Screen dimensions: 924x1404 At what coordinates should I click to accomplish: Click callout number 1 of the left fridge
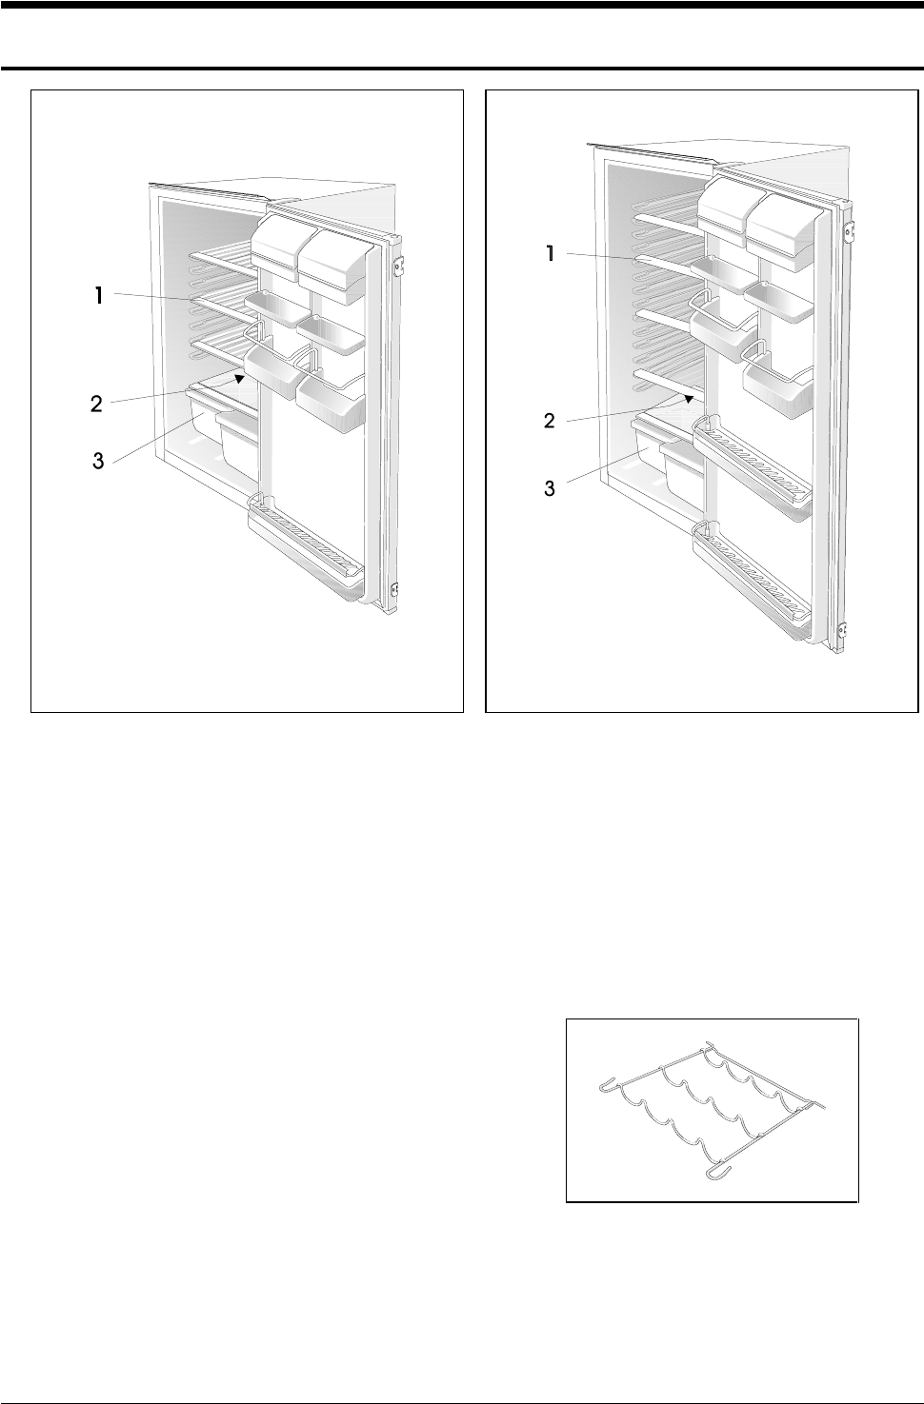99,296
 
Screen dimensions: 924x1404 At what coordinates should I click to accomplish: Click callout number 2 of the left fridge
96,404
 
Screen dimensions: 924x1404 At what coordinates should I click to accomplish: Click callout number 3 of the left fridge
98,463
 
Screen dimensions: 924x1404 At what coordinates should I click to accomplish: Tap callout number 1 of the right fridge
551,254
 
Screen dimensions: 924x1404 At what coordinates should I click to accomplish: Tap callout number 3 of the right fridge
550,488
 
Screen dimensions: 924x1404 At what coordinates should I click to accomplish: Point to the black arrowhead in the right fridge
688,397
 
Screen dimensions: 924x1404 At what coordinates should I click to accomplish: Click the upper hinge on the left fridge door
398,267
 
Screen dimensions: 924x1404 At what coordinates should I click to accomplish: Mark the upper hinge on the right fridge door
851,231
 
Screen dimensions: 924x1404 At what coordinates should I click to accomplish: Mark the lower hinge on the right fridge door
842,629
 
